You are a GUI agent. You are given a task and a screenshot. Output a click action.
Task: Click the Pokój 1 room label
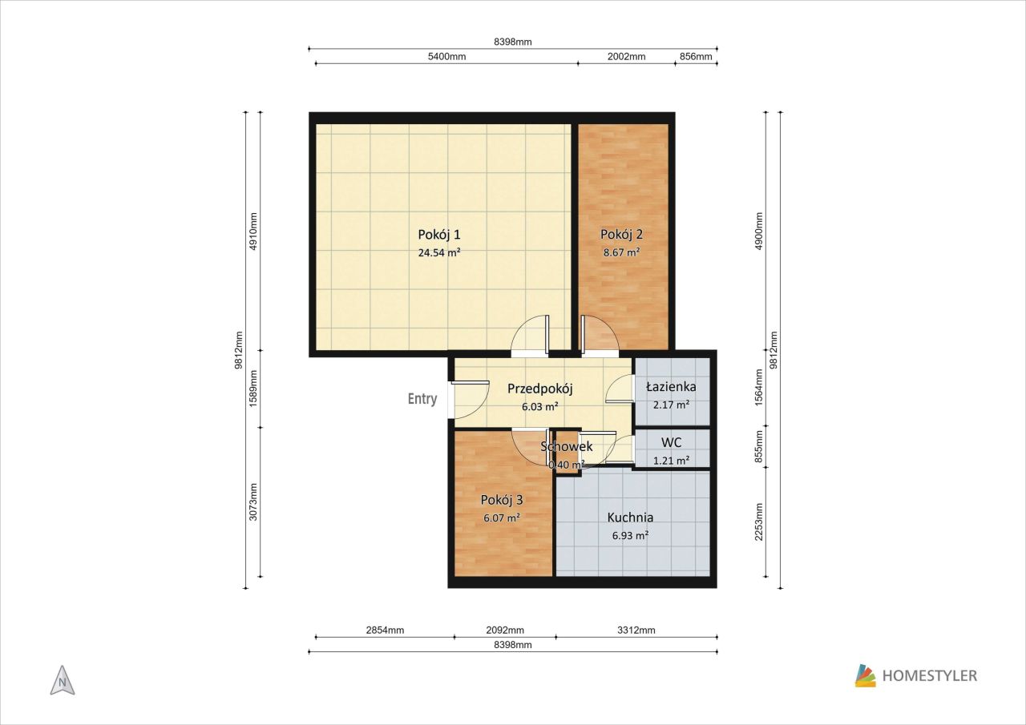pos(438,235)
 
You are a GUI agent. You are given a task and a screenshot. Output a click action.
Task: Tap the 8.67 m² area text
pos(621,252)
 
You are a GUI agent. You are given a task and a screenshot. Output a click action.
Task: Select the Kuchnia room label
pos(630,518)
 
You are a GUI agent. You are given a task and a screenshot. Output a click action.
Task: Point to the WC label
pos(671,442)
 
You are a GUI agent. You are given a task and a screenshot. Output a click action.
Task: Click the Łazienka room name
pos(671,387)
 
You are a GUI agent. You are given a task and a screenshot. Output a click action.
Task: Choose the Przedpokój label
pos(540,389)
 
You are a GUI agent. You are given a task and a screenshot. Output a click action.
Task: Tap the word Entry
pos(422,399)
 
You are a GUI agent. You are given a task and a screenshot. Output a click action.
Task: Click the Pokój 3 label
pos(502,500)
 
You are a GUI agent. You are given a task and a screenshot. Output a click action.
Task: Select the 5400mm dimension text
pos(446,57)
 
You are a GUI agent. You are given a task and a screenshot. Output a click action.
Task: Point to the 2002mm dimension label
pos(626,57)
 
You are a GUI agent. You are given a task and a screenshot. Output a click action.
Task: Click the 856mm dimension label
pos(696,57)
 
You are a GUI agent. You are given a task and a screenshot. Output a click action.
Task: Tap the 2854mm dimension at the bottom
pos(385,630)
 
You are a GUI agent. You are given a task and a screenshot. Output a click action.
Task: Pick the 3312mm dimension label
pos(636,630)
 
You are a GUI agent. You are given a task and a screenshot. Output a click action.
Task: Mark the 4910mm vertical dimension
pos(252,232)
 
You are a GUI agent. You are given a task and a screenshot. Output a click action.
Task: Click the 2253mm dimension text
pos(758,522)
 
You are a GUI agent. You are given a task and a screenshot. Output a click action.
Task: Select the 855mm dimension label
pos(758,447)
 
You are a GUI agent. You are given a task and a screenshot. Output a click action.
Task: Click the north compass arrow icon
pos(63,681)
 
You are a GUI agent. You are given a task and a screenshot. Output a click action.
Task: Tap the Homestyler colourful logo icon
pos(865,675)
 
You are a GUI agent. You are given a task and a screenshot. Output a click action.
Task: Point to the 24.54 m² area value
pos(438,252)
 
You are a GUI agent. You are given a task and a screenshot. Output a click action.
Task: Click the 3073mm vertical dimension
pos(252,502)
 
